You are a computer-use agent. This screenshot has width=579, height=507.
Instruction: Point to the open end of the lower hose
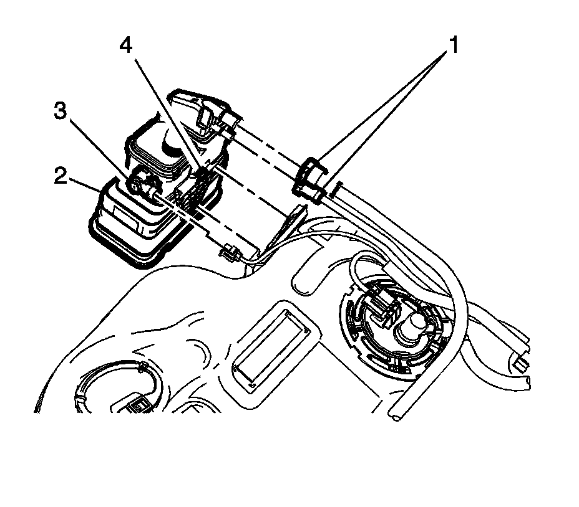(x=397, y=414)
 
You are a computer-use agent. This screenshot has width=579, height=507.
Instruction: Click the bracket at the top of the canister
(x=206, y=112)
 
